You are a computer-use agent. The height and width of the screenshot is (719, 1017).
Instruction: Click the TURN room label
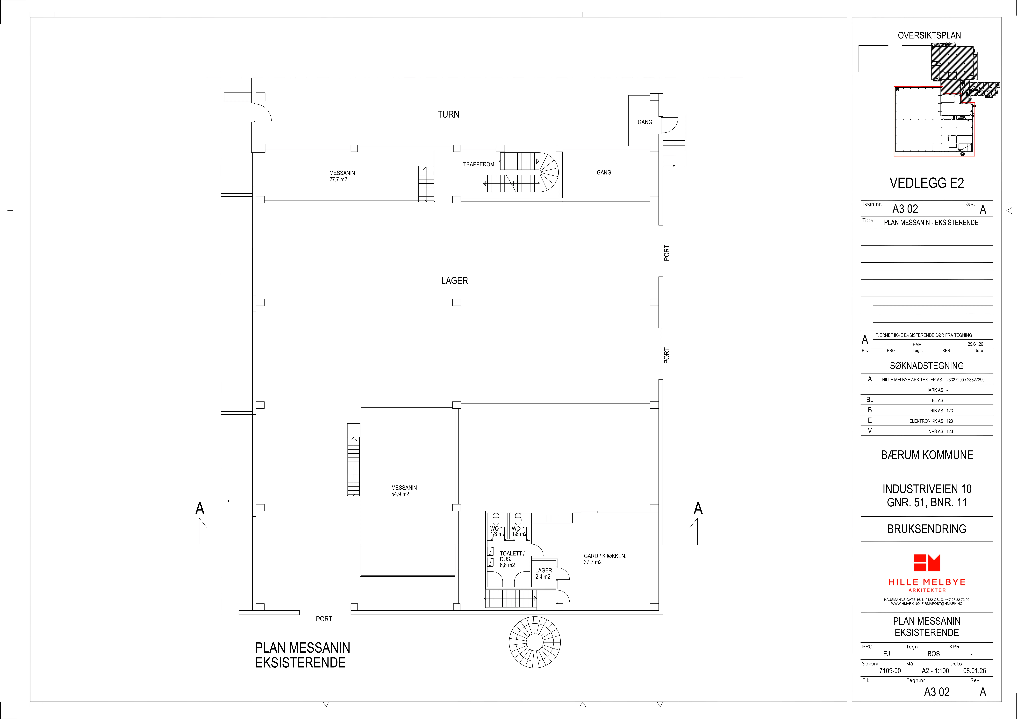[448, 114]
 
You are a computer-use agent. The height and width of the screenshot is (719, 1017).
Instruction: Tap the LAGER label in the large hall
[454, 281]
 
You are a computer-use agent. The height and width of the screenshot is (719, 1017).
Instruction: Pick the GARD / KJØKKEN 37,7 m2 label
[605, 559]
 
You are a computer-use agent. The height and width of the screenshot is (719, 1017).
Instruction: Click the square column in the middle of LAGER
[457, 302]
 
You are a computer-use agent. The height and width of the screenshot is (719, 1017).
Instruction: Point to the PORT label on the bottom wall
[324, 619]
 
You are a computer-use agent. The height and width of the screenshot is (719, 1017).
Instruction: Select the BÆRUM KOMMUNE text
[927, 455]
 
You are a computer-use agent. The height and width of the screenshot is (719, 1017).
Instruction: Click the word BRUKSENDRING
[927, 529]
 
